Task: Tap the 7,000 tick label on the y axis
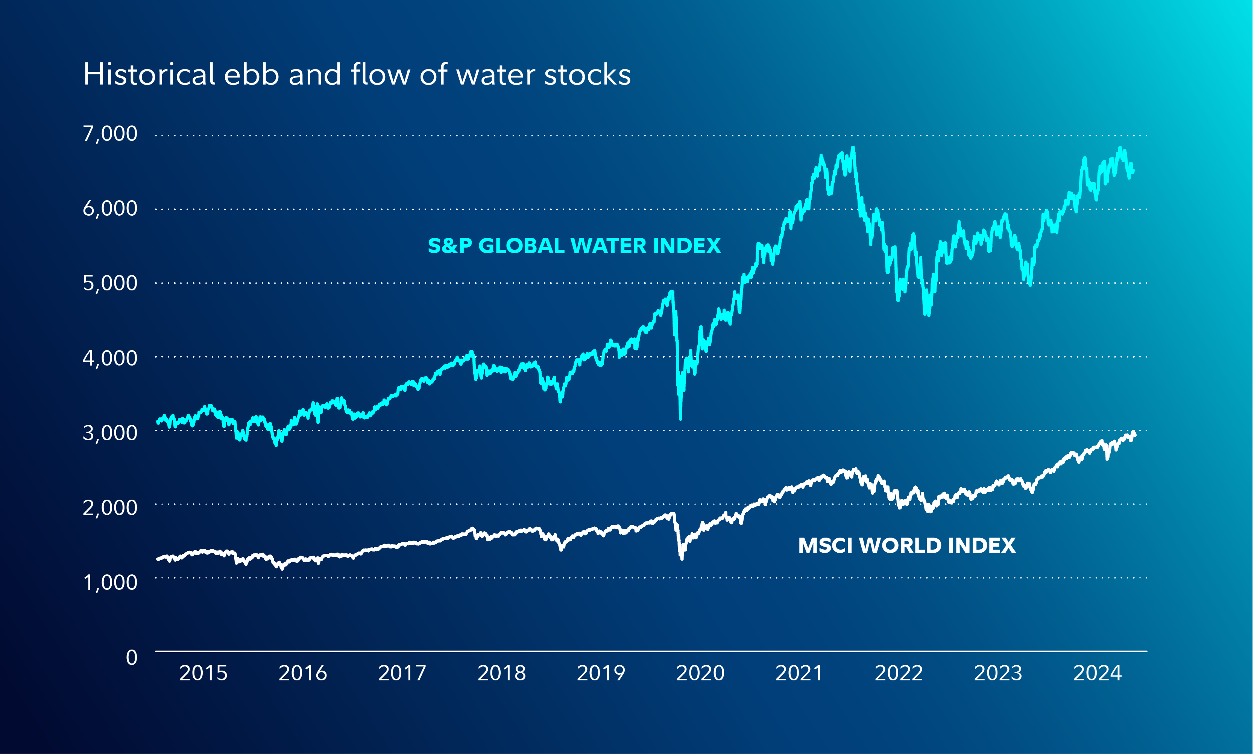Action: pos(110,134)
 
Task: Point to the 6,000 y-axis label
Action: pos(110,208)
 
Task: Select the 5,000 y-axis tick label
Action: pos(110,283)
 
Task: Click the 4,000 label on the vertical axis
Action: pos(110,358)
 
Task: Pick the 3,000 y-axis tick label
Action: pos(110,433)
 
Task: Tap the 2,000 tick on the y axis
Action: pos(110,508)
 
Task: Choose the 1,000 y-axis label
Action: pos(110,582)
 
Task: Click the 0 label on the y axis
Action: pos(132,657)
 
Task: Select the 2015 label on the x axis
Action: pos(203,673)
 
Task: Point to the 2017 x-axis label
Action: pos(402,673)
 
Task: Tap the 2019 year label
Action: pos(601,673)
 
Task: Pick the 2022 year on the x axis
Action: pos(899,673)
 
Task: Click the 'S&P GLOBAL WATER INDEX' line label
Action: pos(574,246)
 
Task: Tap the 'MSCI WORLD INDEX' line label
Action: pos(907,546)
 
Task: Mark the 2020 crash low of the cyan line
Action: pos(680,419)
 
